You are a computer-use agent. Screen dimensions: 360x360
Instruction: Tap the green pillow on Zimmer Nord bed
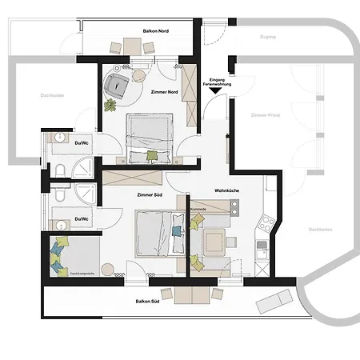click(152, 154)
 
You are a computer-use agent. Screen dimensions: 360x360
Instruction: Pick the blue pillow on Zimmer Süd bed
click(177, 233)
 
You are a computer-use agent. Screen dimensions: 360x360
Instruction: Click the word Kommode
click(198, 210)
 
